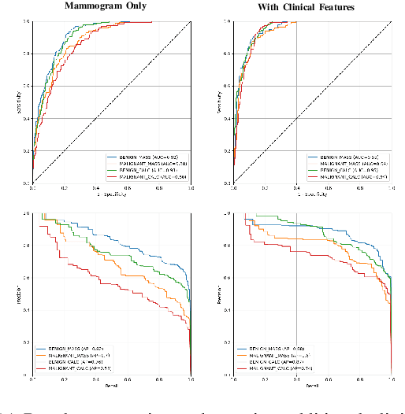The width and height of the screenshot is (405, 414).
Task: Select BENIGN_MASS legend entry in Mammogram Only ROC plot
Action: (x=142, y=158)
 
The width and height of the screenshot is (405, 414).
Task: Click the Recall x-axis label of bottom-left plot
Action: (x=111, y=386)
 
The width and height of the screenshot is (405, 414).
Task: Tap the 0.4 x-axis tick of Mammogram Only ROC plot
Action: (x=96, y=188)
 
